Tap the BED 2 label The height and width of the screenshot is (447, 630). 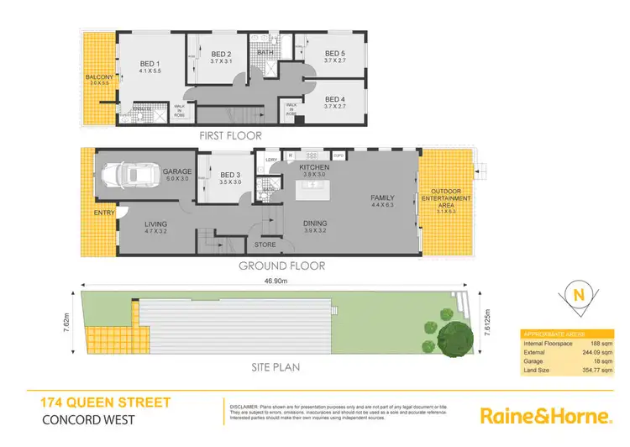point(221,53)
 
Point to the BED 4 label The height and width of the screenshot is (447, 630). point(335,98)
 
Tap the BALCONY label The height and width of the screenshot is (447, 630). point(99,78)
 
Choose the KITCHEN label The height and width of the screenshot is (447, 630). point(312,168)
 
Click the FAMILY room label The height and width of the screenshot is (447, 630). point(382,198)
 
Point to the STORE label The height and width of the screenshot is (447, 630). point(264,245)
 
